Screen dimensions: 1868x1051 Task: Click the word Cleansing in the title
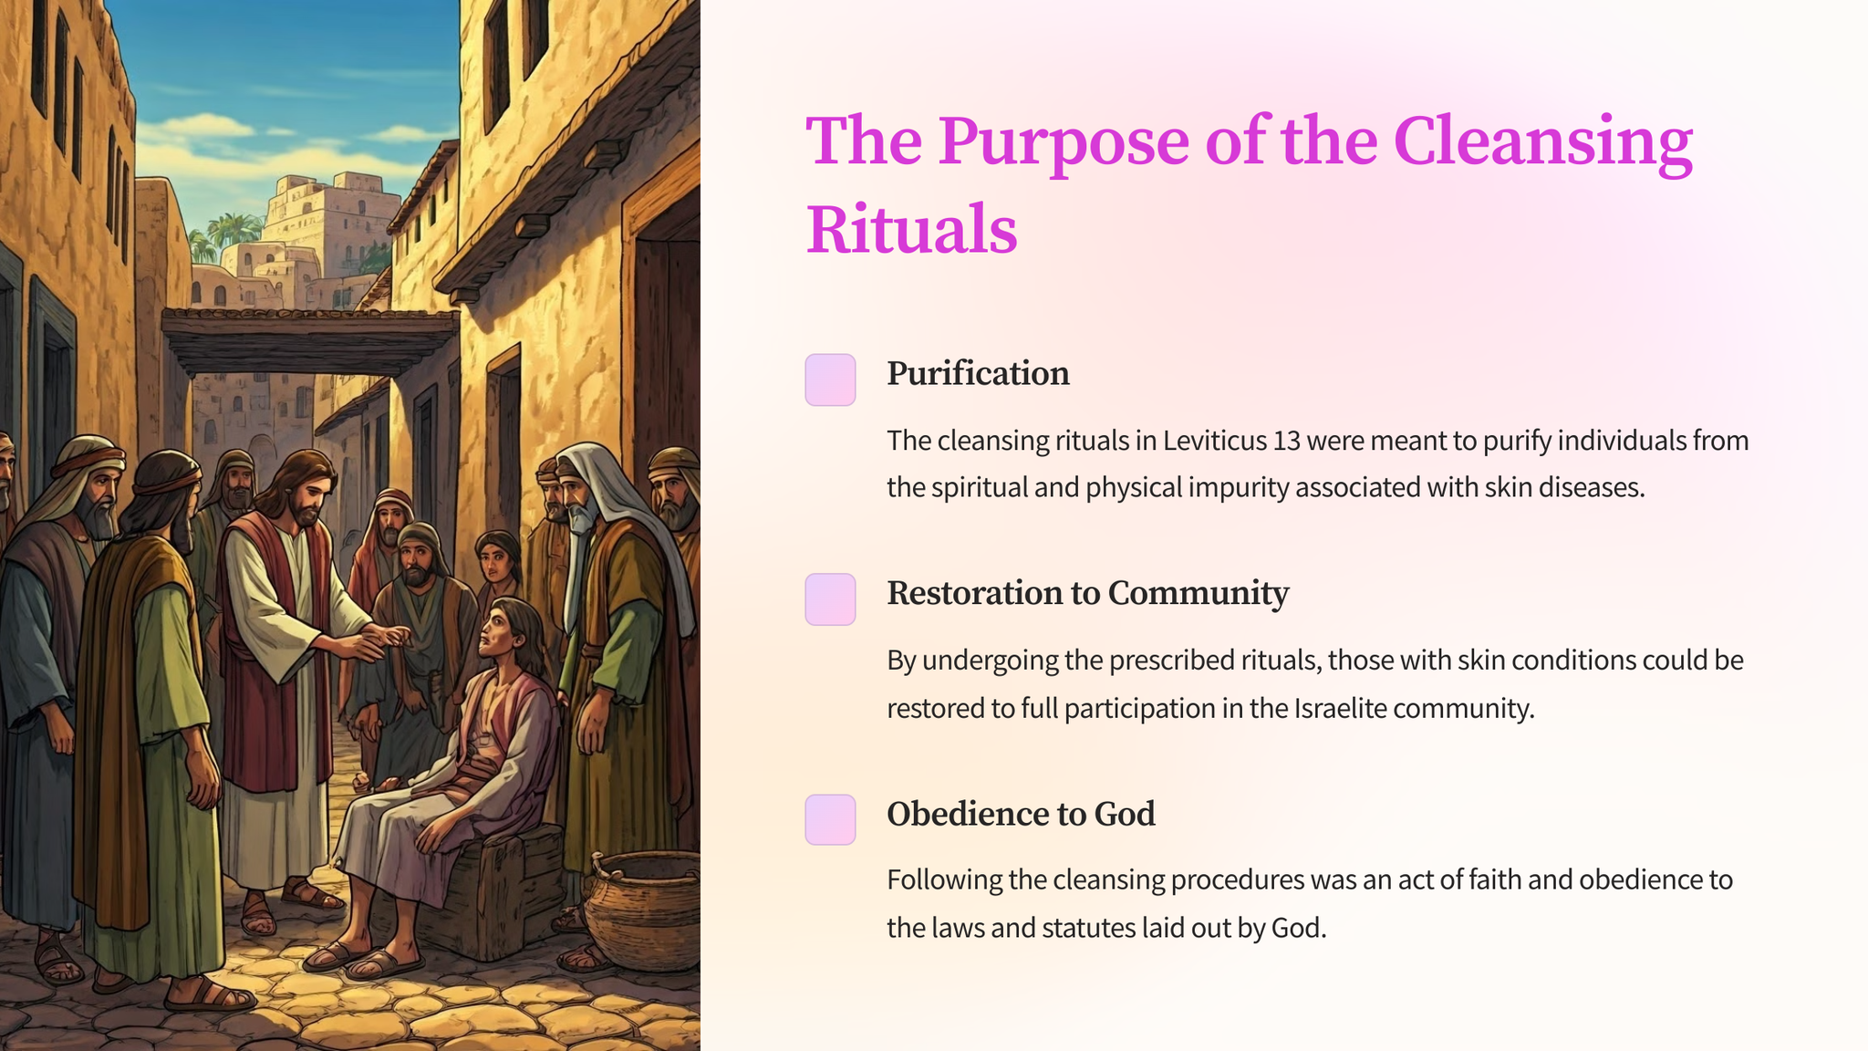pos(1542,142)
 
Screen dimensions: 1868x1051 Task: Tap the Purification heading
pos(978,373)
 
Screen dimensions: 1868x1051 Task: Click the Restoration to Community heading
pos(1087,593)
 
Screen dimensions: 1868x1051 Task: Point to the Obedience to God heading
pos(1021,814)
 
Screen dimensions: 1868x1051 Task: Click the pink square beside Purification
pos(830,380)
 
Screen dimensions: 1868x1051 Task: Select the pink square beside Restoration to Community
pos(830,599)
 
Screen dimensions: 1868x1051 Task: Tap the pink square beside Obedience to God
pos(830,819)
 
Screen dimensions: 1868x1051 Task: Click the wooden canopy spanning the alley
pos(310,338)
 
